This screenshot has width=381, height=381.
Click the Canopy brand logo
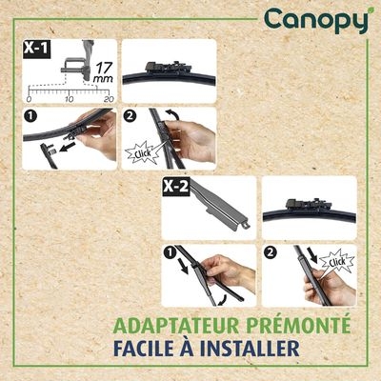coord(316,20)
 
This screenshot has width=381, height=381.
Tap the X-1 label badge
coord(37,50)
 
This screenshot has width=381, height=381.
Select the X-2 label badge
coord(176,187)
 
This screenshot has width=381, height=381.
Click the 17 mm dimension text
coord(104,72)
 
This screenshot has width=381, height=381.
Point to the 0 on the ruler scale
coord(29,99)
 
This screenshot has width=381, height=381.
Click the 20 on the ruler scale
coord(109,99)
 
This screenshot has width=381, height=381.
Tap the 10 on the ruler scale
coord(69,99)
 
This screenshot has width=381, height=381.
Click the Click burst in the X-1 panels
coord(142,153)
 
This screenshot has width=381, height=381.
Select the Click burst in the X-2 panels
coord(336,261)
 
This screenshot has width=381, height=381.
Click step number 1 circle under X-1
coord(30,116)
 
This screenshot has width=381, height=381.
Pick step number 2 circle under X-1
coord(130,116)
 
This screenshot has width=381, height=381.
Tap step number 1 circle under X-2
coord(170,252)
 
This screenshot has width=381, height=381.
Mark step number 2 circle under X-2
coord(271,252)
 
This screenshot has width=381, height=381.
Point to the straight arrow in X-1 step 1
coord(67,148)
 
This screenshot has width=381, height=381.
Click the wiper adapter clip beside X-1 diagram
coord(168,68)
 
